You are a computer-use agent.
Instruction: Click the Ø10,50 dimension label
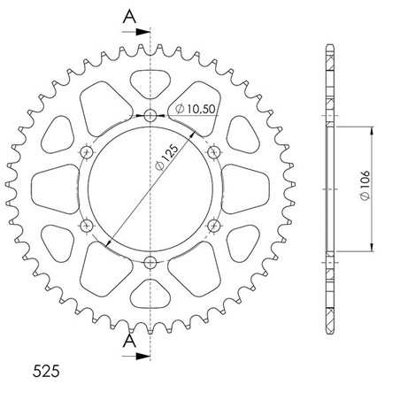[x=195, y=109]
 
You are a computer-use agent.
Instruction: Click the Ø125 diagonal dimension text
[x=167, y=157]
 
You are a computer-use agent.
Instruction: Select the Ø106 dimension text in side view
[x=365, y=186]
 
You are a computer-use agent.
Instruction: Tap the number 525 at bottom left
[x=46, y=371]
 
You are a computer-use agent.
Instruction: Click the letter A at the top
[x=129, y=17]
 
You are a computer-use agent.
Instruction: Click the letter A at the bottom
[x=129, y=341]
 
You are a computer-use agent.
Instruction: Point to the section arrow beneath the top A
[x=136, y=32]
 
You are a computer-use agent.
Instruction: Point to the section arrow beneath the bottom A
[x=136, y=356]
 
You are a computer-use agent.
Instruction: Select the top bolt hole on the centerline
[x=150, y=115]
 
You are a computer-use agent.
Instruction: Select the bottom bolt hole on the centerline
[x=150, y=262]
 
